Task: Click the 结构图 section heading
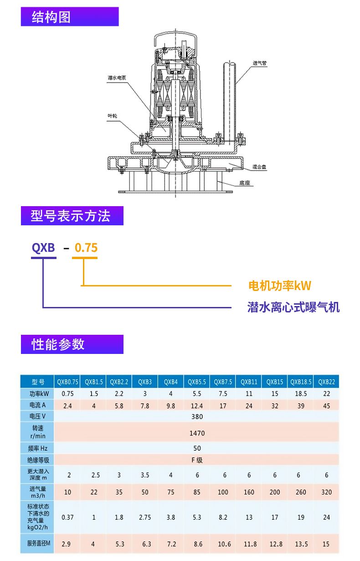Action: pos(51,17)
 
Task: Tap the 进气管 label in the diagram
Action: pos(259,63)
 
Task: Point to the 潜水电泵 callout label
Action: pos(117,78)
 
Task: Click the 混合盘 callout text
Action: pos(259,167)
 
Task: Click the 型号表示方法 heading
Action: pos(71,216)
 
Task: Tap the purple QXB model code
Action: pos(43,248)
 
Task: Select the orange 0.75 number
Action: pos(86,248)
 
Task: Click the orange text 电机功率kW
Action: pos(279,286)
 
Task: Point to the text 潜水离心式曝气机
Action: pos(293,307)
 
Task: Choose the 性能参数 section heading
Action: pos(58,344)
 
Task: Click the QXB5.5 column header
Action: pos(197,382)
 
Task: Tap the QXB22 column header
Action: pos(326,382)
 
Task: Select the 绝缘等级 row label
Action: pos(37,460)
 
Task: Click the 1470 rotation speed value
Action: pos(197,433)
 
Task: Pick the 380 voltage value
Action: pos(197,416)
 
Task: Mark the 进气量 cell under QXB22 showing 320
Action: pos(326,492)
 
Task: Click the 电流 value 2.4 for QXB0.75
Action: pos(67,405)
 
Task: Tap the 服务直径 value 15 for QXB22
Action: pos(326,544)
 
